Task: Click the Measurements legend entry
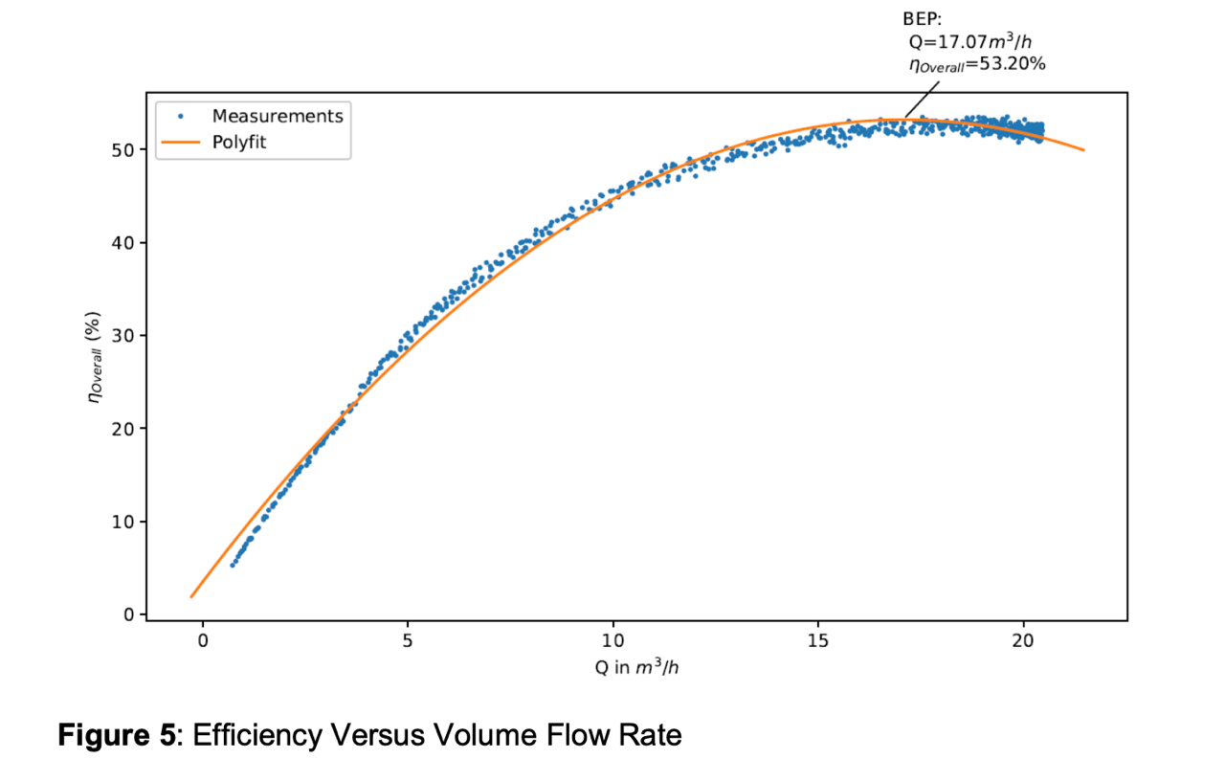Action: coord(277,116)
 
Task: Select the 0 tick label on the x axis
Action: coord(203,640)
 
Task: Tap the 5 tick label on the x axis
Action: coord(408,640)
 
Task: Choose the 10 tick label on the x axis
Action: coord(613,640)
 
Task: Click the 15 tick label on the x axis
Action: coord(818,640)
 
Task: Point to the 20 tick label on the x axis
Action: coord(1024,640)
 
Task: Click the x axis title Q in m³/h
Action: coord(636,667)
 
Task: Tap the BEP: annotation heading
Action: coord(923,19)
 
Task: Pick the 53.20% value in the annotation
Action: coord(1015,64)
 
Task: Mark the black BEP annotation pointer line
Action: coord(920,99)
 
